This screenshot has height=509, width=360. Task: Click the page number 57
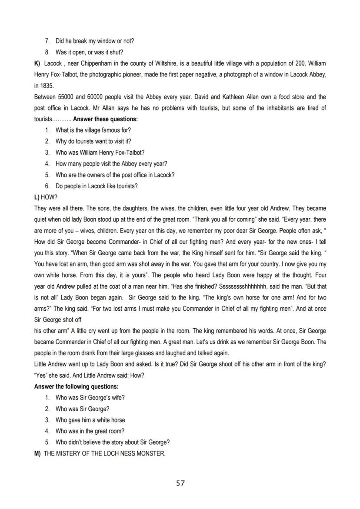(x=180, y=483)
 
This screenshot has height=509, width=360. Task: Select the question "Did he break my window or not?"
(x=94, y=41)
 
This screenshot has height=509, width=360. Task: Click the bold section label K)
(x=37, y=63)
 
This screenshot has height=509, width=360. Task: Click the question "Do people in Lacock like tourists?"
(x=97, y=186)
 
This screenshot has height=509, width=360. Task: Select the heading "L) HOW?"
(x=46, y=197)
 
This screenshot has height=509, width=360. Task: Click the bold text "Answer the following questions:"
(x=76, y=386)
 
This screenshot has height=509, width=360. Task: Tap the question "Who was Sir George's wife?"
(x=90, y=397)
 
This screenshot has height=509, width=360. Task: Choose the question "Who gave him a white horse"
(x=90, y=420)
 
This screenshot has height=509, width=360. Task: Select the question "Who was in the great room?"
(x=90, y=431)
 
